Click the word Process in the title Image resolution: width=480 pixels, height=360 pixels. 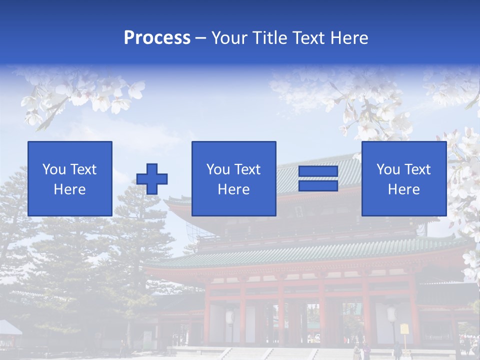tap(157, 38)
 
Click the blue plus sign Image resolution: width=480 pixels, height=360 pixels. tap(152, 179)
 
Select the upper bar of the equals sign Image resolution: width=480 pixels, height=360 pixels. tap(318, 171)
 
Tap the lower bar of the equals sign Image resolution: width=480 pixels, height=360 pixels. tap(318, 186)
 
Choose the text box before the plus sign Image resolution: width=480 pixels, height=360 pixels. tap(70, 178)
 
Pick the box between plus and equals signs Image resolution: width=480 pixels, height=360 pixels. tap(233, 178)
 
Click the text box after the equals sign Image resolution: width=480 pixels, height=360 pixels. tap(403, 178)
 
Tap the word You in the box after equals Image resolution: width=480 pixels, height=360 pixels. tap(388, 169)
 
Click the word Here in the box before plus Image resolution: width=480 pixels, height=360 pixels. tap(70, 189)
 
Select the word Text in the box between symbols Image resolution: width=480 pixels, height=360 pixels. tap(247, 169)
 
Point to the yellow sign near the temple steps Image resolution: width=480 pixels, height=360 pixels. tap(404, 328)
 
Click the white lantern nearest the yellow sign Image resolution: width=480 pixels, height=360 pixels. tap(392, 314)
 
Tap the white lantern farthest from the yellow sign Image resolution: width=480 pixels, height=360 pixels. tap(230, 316)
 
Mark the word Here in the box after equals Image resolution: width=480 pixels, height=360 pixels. tap(403, 189)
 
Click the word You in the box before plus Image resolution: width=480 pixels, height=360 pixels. tap(54, 169)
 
